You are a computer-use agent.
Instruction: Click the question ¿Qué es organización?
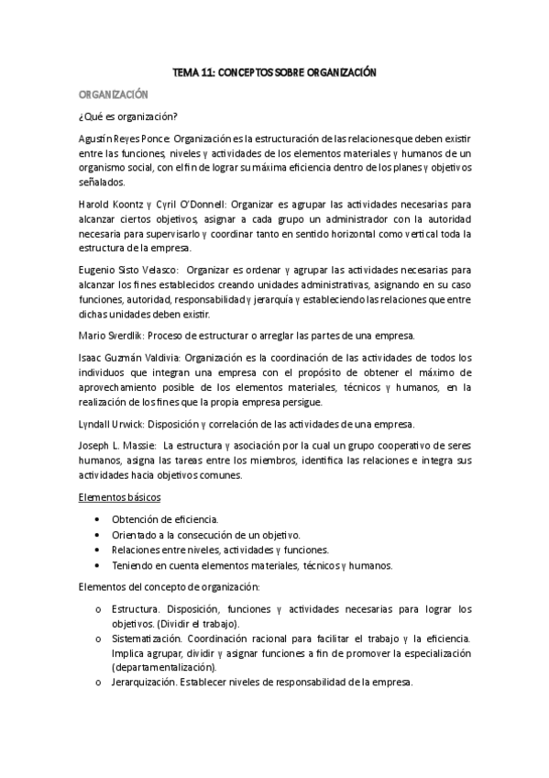click(128, 116)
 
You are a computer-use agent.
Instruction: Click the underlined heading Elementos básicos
click(120, 497)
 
